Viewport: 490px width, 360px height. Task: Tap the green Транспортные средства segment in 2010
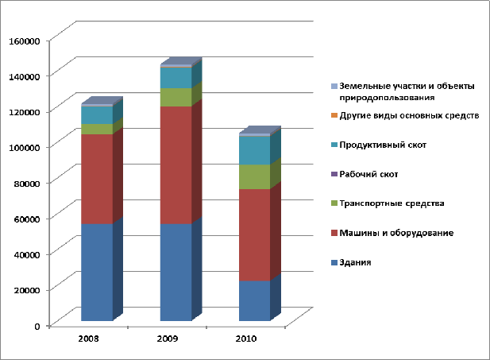pos(254,176)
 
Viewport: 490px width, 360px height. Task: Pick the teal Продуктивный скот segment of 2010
pos(254,150)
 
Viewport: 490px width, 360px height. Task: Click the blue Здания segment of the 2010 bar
pos(254,300)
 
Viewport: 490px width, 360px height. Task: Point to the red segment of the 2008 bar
pos(96,179)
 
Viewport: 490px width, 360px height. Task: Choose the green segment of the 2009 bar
pos(176,97)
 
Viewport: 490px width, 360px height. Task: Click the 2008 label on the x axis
pos(88,339)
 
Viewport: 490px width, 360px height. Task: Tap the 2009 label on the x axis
pos(168,339)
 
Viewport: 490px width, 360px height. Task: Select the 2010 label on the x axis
pos(247,339)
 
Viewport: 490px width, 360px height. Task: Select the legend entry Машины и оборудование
pos(395,233)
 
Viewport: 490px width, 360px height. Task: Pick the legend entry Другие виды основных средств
pos(408,116)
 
